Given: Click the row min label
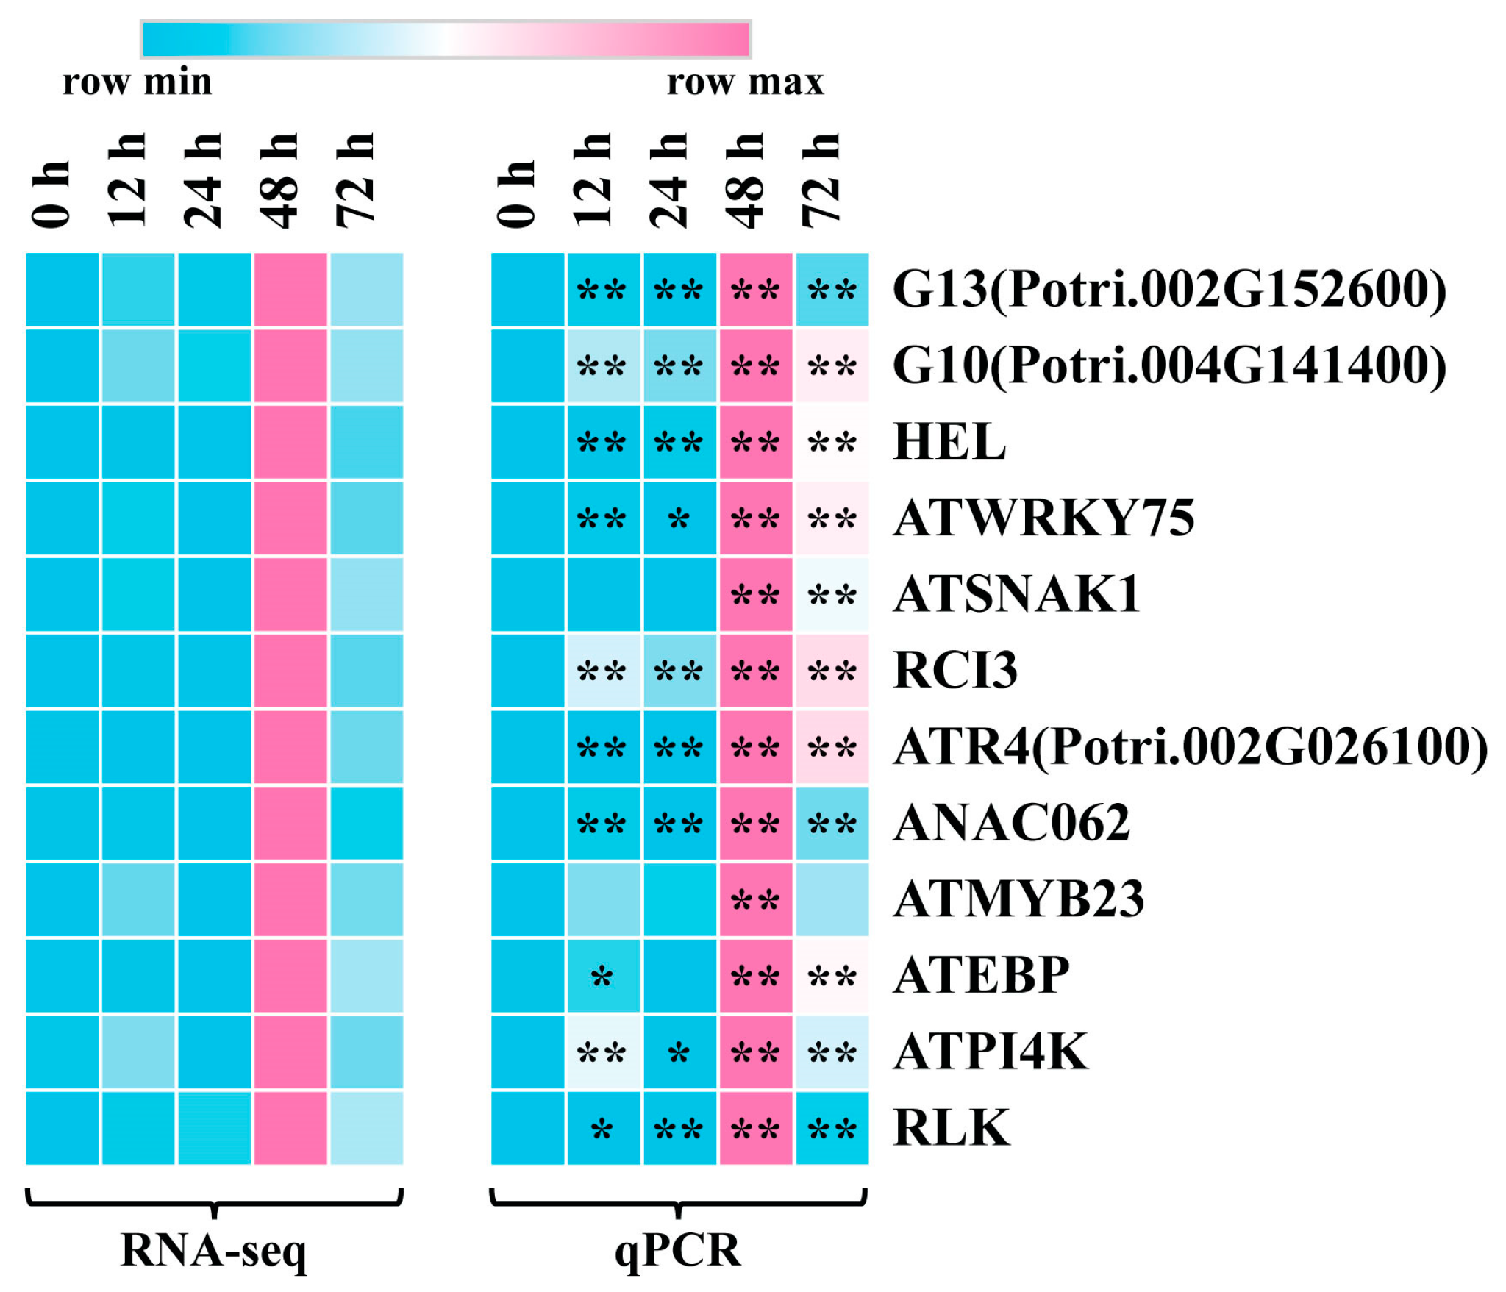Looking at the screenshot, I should coord(137,82).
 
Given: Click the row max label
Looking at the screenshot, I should coord(744,82).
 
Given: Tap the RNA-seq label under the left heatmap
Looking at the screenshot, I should coord(213,1249).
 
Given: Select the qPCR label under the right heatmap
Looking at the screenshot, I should coord(677,1249).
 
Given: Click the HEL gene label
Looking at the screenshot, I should coord(949,442).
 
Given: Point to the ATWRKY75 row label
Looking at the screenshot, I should coord(1043,518).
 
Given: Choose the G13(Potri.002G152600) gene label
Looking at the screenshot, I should coord(1168,289).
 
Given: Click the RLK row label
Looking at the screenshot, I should coord(951,1127).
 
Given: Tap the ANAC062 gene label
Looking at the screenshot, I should coord(1012,823).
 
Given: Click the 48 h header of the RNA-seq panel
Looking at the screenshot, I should coord(280,181).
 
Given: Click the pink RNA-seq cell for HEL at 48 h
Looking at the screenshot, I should coord(290,442).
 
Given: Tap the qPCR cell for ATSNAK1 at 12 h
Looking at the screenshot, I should coord(604,595).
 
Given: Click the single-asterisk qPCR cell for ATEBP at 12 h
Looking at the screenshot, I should coord(604,976).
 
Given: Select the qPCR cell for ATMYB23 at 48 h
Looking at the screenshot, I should coord(756,899).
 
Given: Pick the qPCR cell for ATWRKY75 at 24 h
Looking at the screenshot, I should coord(679,518).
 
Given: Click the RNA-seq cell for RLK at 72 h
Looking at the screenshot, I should coord(366,1127).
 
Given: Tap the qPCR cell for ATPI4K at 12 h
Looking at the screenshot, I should coord(604,1052).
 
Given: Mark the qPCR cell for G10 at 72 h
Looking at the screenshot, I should coord(832,365).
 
